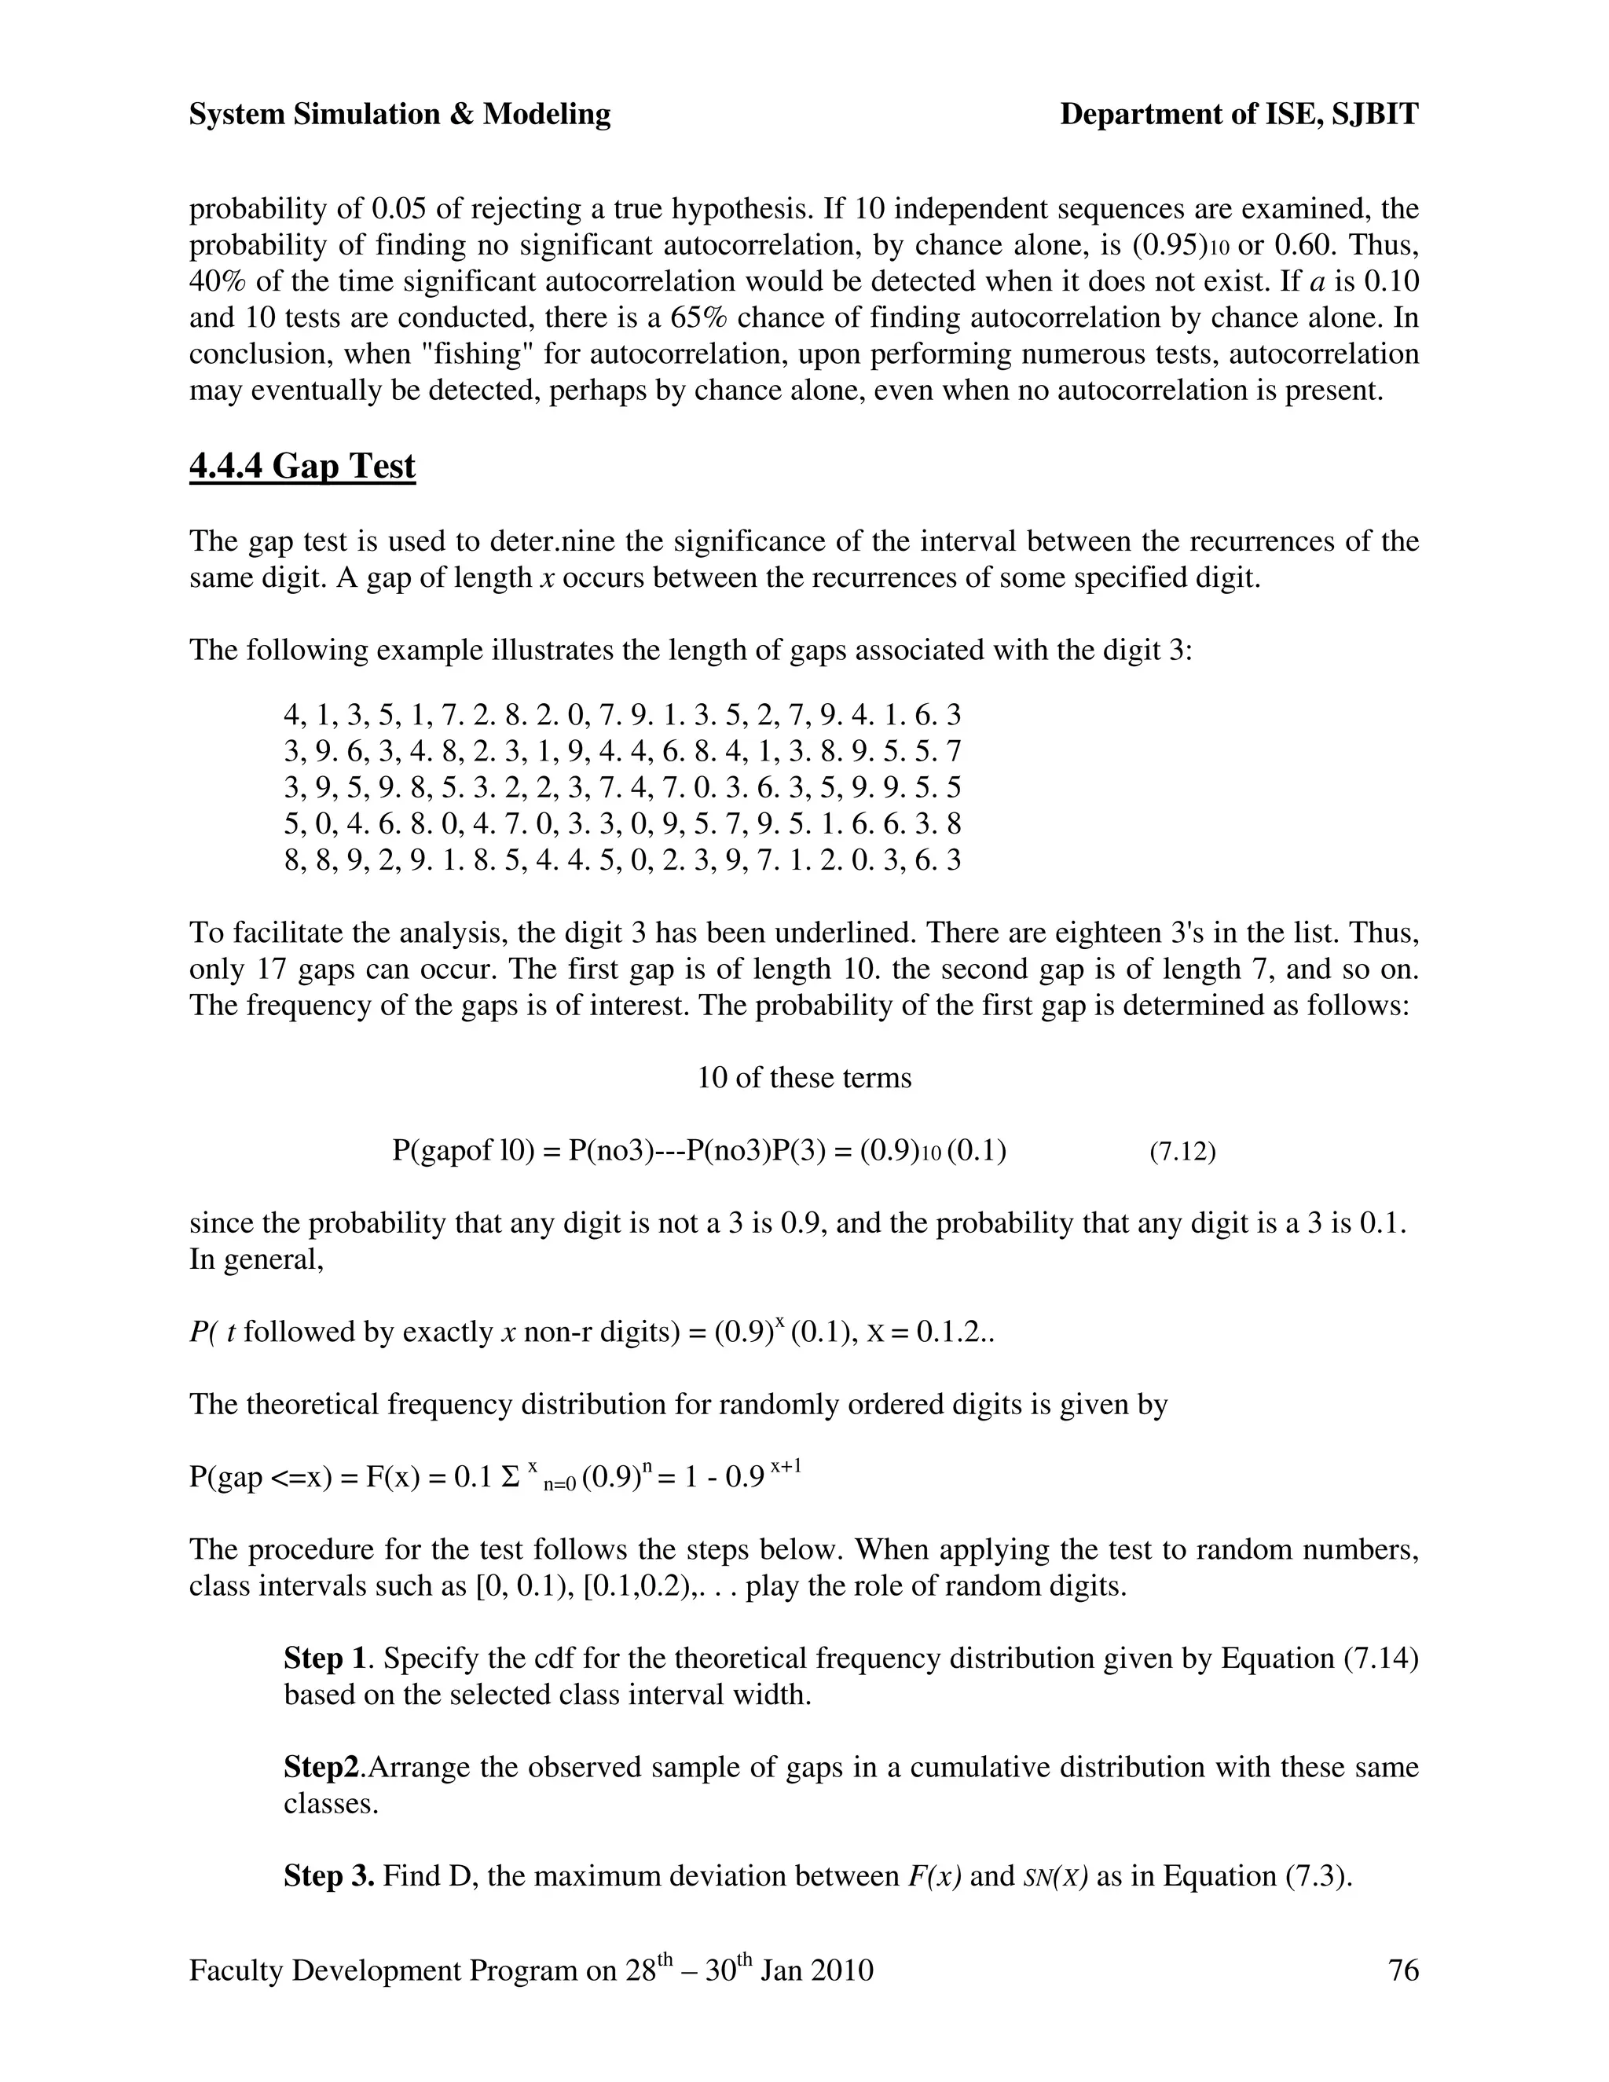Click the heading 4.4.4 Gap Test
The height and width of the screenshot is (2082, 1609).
(x=302, y=466)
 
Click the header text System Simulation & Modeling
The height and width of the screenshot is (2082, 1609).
(x=399, y=115)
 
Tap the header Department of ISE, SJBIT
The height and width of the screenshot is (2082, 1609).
(x=1238, y=115)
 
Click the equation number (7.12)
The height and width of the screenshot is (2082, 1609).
(x=1182, y=1152)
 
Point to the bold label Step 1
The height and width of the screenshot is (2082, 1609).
(x=324, y=1658)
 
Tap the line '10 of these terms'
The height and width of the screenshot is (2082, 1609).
(x=804, y=1078)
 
